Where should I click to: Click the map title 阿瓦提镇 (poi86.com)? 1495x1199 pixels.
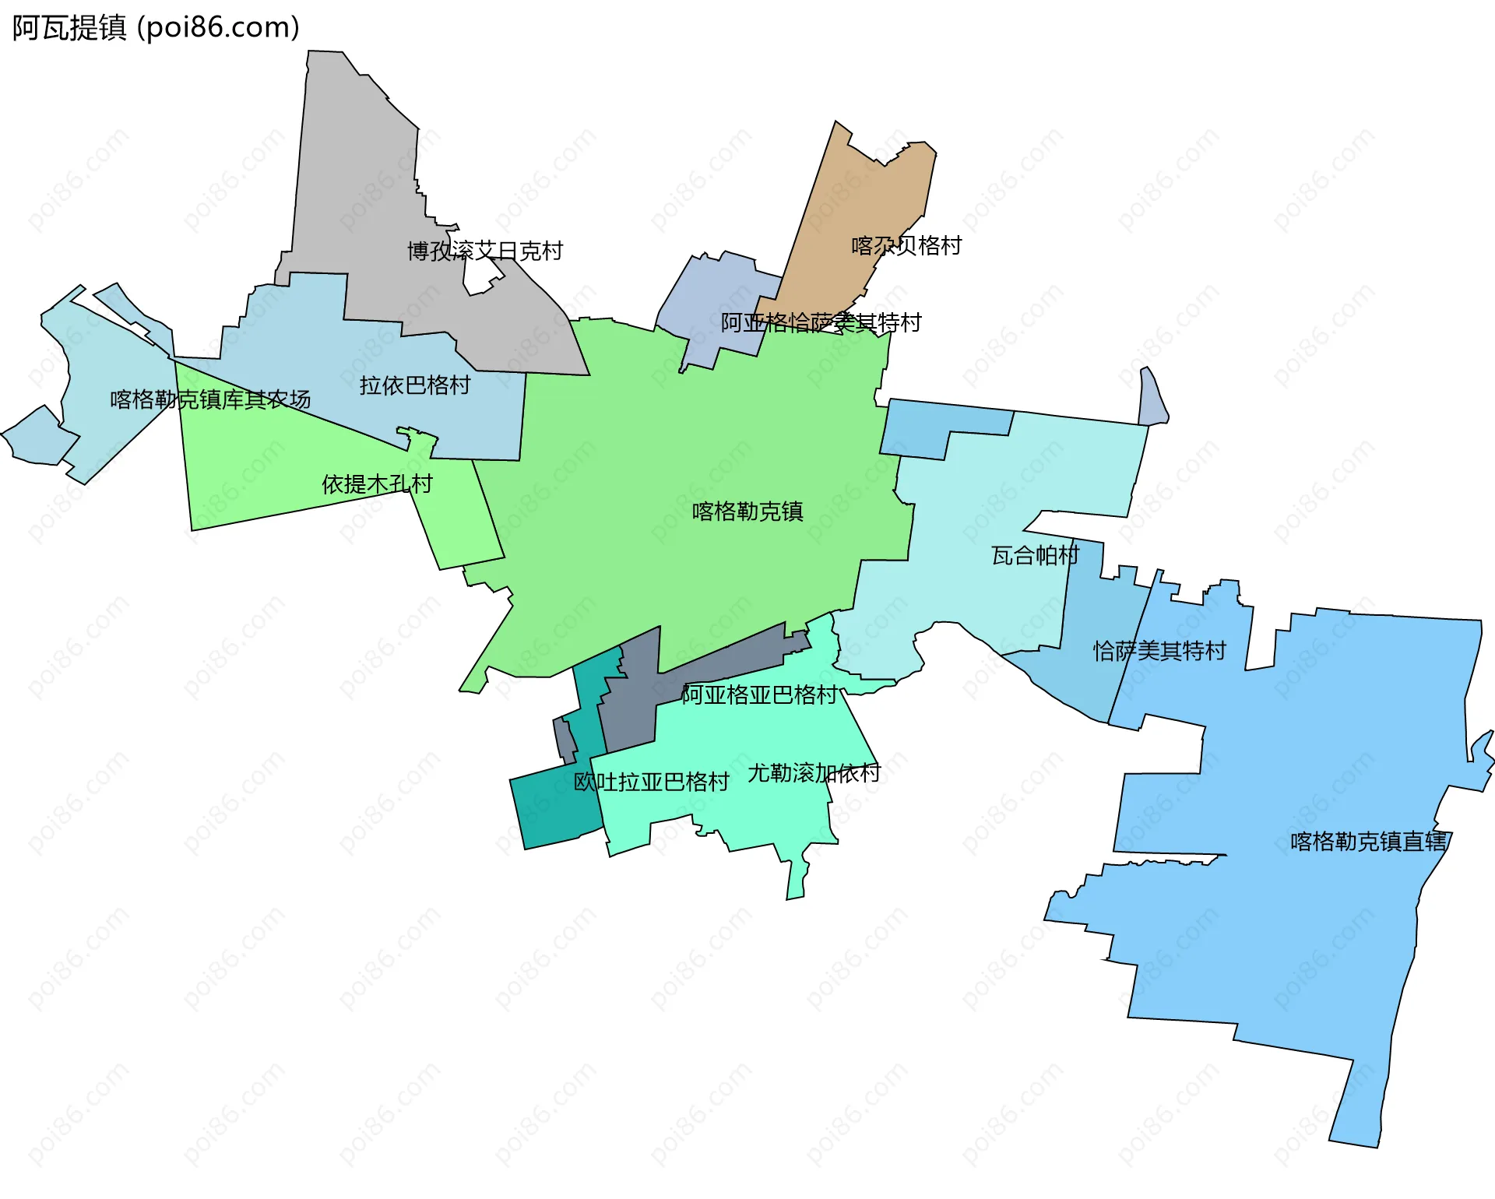point(156,28)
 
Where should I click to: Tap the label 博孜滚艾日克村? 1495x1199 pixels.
point(484,251)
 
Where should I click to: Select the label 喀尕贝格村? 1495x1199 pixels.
point(906,246)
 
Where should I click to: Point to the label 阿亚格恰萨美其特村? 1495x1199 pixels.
point(821,322)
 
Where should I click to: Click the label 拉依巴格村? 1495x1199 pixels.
point(414,385)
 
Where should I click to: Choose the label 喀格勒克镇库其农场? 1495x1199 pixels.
point(210,399)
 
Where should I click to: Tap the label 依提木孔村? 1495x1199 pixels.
point(377,484)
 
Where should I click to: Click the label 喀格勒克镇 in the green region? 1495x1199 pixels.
point(747,512)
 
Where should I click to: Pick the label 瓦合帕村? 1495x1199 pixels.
point(1035,555)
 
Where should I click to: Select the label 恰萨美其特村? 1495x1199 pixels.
point(1159,650)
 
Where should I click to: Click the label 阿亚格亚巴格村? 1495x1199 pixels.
point(759,694)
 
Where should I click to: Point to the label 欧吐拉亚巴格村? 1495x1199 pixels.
point(651,782)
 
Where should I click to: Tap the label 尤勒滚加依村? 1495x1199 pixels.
point(814,773)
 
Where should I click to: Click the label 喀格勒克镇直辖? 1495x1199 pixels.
point(1369,842)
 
